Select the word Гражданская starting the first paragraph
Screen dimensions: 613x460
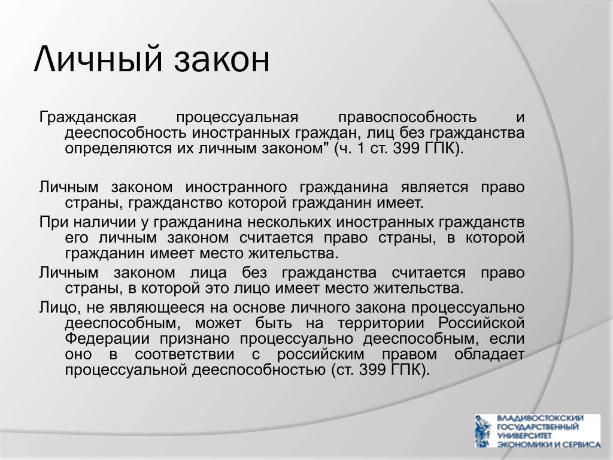(87, 117)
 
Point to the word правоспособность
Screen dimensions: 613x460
(407, 117)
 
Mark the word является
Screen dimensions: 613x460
(435, 187)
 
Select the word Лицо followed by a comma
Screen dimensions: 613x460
(59, 308)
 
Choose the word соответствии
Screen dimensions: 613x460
(184, 355)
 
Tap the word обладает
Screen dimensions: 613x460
(489, 355)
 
